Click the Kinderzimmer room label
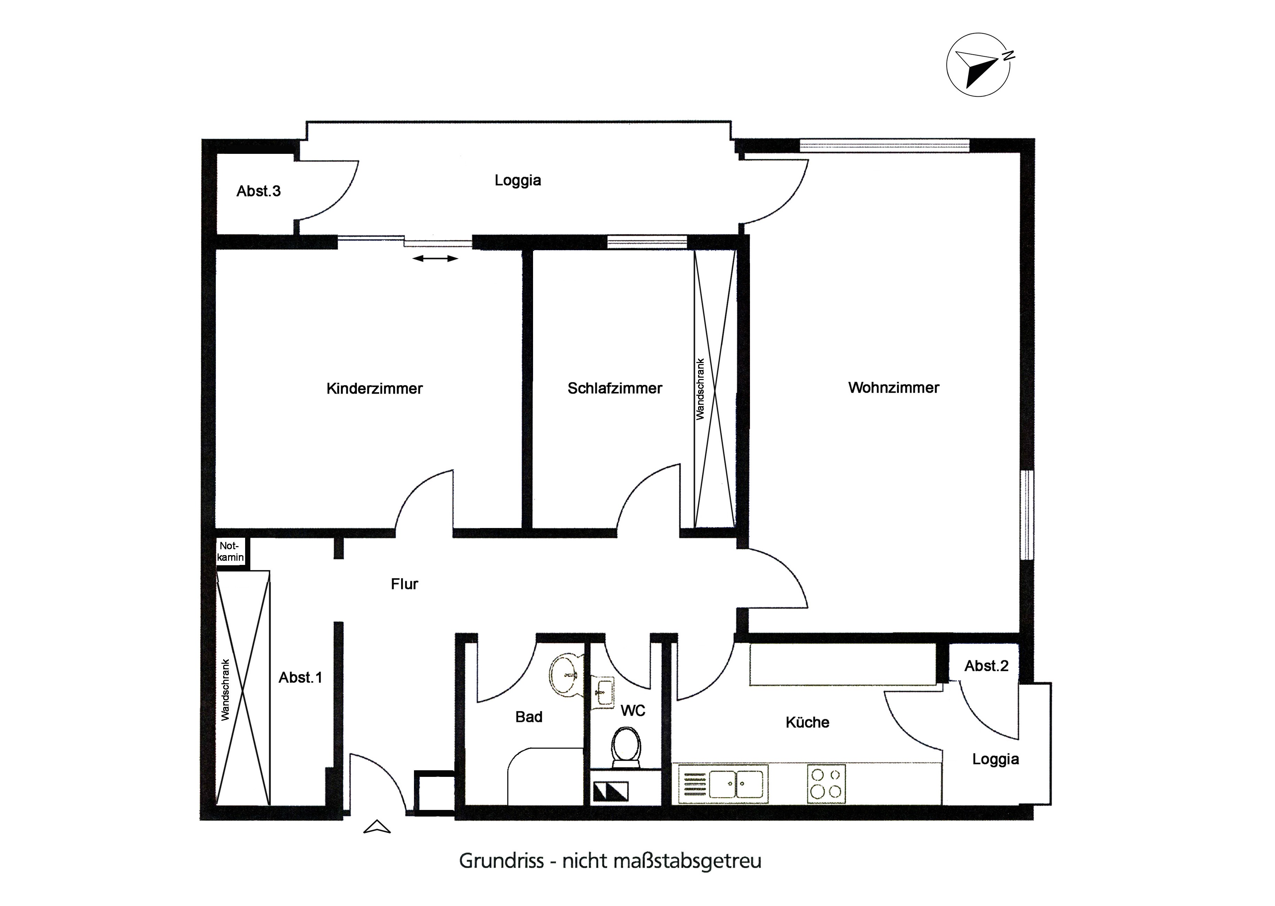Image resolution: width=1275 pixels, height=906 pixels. (x=374, y=388)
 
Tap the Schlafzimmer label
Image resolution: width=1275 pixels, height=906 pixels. (x=615, y=388)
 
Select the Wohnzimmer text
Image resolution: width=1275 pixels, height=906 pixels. (x=894, y=388)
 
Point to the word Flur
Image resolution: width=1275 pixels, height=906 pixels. (x=405, y=584)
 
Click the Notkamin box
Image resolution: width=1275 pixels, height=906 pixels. (x=230, y=552)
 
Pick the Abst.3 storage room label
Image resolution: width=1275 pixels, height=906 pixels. (x=258, y=191)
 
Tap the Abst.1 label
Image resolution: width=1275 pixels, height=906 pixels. (x=300, y=677)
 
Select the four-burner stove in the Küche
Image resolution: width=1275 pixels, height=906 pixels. (x=826, y=784)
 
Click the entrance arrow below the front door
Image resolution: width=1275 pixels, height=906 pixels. (x=377, y=827)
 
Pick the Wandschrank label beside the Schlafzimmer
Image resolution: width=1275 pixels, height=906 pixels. (x=700, y=389)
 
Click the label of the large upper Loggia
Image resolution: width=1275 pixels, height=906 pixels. (x=518, y=181)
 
